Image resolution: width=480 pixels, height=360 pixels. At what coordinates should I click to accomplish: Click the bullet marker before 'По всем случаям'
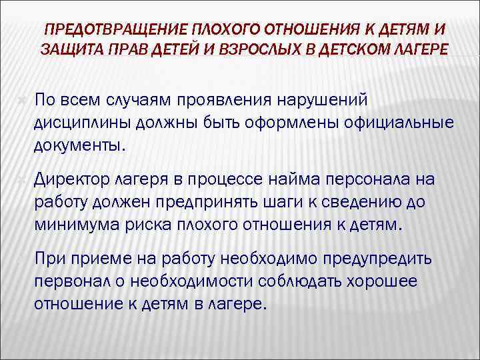point(22,99)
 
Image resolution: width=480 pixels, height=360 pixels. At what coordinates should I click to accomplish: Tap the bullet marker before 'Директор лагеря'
point(22,178)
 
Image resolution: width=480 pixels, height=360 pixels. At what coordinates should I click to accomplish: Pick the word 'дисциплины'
point(82,123)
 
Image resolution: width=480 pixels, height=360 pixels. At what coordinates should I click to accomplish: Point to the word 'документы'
point(77,146)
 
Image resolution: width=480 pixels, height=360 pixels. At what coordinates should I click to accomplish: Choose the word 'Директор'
point(73,178)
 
